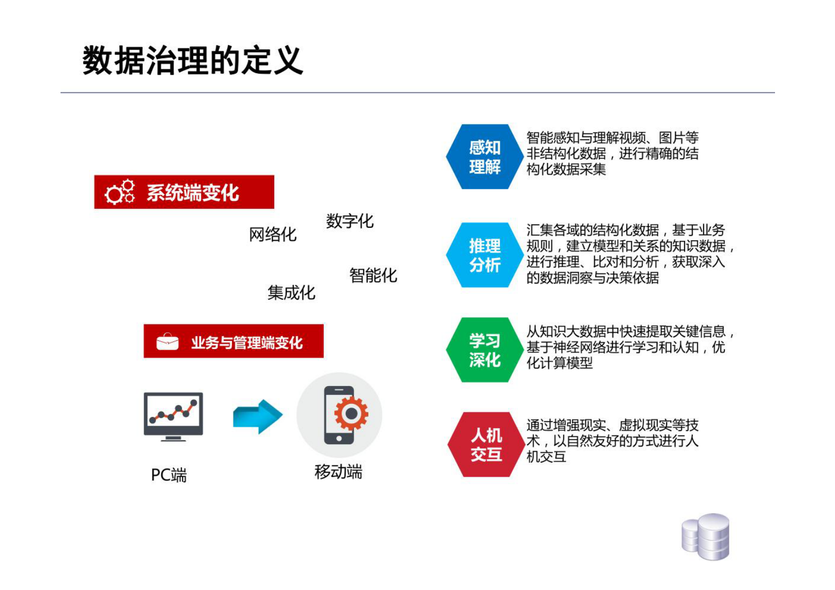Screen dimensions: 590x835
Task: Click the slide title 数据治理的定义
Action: click(193, 60)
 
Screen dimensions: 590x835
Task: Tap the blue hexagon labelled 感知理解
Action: click(484, 157)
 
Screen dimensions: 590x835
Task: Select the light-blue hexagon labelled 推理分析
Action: click(484, 255)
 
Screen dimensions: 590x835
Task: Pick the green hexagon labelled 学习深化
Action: click(484, 350)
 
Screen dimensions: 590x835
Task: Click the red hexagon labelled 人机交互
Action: click(486, 445)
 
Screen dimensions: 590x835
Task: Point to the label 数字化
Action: click(349, 221)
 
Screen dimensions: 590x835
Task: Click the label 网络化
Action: click(273, 235)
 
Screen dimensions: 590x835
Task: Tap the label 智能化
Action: click(373, 275)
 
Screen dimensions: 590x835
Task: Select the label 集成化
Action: click(291, 292)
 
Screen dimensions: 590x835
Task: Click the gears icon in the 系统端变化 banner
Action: click(120, 192)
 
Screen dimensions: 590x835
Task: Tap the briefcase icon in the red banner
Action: click(167, 342)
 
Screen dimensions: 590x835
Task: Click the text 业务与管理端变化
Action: click(246, 343)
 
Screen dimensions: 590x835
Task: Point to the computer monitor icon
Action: click(173, 416)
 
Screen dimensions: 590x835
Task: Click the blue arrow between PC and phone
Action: click(257, 416)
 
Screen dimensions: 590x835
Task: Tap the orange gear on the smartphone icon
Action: click(351, 414)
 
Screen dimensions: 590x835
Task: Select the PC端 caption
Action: click(168, 475)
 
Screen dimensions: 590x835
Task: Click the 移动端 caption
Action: click(338, 472)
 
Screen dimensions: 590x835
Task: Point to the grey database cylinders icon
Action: click(706, 536)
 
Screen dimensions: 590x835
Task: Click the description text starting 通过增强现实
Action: click(612, 441)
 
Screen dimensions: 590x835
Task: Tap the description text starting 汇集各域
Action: click(629, 253)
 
